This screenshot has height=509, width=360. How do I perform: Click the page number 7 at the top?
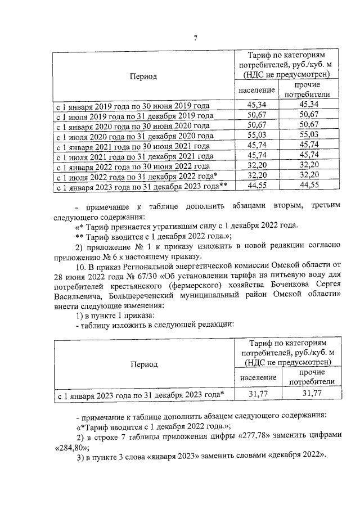[195, 38]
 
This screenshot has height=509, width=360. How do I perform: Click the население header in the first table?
[256, 89]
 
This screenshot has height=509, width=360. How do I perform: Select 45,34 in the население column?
[256, 105]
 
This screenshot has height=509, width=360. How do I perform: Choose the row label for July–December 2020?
[134, 136]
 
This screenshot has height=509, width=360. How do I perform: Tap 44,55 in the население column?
[256, 186]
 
